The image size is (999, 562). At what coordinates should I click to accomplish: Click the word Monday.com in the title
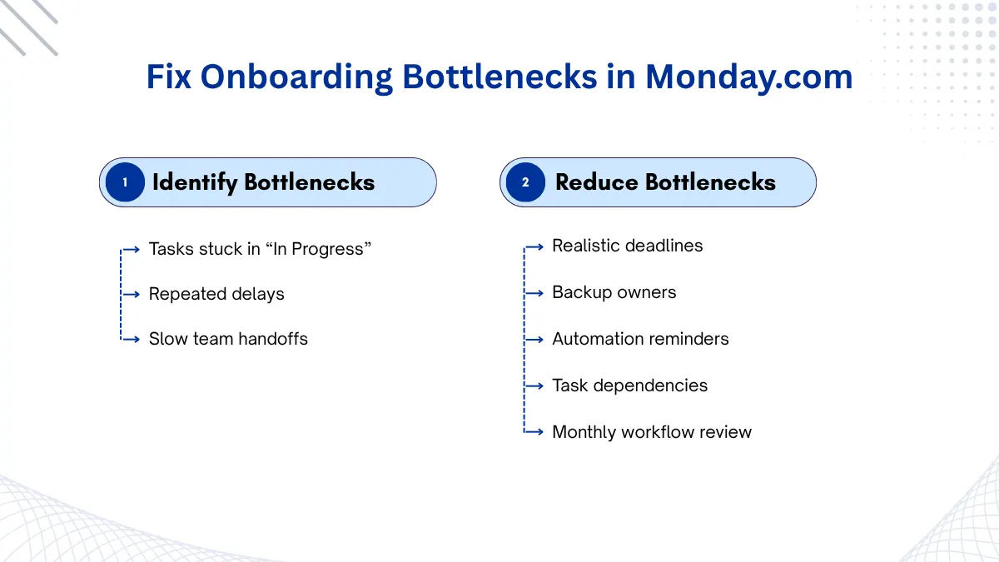(748, 77)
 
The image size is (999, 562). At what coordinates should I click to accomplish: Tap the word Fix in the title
(168, 77)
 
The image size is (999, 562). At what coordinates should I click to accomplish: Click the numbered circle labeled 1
(125, 182)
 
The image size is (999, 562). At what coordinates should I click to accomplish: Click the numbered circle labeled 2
(525, 182)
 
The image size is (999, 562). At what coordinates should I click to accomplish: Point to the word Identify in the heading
(195, 183)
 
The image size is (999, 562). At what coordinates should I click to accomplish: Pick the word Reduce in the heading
(597, 182)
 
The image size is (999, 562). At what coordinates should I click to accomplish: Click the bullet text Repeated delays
(216, 295)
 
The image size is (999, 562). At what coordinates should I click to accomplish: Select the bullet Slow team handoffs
(228, 339)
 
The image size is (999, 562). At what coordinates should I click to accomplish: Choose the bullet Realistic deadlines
(628, 246)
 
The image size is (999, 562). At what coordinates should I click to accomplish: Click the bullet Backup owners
(614, 292)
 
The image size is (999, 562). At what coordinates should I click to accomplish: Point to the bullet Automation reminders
(640, 339)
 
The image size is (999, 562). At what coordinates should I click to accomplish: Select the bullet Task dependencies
(629, 385)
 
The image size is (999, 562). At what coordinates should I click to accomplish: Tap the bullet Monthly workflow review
(652, 432)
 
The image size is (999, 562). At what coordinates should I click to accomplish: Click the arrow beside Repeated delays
(130, 295)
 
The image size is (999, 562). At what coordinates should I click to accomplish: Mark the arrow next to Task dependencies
(534, 385)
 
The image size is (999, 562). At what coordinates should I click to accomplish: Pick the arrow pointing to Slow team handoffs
(130, 340)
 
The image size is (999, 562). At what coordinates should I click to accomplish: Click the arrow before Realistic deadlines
(534, 246)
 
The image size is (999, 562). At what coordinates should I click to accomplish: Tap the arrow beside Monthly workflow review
(534, 432)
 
